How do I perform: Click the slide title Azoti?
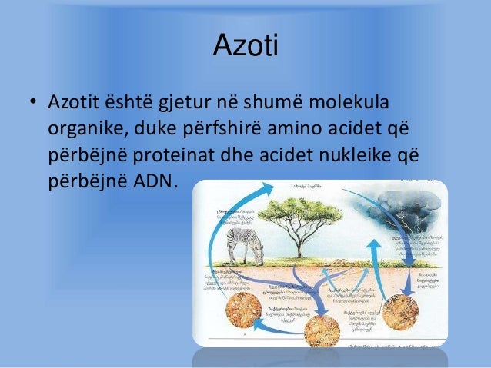tap(245, 48)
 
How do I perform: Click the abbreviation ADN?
tap(153, 182)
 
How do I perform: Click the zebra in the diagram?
tap(245, 247)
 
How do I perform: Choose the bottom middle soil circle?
tap(322, 331)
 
